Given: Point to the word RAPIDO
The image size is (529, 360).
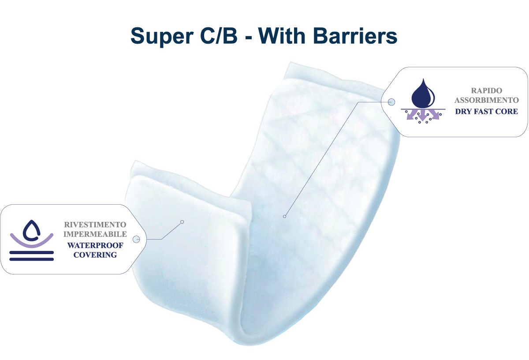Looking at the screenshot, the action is click(487, 90).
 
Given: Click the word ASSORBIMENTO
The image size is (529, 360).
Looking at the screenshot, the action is click(487, 100).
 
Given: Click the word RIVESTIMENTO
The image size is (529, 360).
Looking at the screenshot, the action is click(95, 224).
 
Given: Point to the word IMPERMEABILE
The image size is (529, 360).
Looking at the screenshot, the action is click(95, 234).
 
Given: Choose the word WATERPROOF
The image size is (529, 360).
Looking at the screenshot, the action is click(95, 245).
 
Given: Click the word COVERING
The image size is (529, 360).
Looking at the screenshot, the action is click(95, 255).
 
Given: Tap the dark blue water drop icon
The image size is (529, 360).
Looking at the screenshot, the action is click(423, 94).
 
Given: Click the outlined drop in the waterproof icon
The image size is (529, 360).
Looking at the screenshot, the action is click(31, 230).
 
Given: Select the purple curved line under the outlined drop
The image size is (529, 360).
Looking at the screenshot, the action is click(32, 244).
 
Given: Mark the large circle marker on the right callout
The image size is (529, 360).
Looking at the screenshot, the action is click(391, 102).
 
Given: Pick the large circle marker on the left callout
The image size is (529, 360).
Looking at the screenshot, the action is click(136, 239).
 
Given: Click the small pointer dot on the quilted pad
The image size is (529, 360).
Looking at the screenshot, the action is click(285, 216).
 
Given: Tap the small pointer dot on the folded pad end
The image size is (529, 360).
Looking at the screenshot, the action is click(182, 222).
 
